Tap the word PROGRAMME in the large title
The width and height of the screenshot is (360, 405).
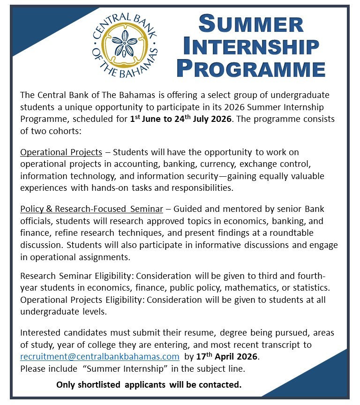(x=251, y=68)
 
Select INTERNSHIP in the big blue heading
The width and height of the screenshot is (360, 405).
(x=251, y=46)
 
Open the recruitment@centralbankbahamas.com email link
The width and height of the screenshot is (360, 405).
(x=99, y=357)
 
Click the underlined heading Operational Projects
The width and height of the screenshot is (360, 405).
(x=61, y=152)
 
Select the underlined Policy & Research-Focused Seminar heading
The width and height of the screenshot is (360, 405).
(x=91, y=209)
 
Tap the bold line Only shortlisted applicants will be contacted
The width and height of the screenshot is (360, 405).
(x=149, y=385)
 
